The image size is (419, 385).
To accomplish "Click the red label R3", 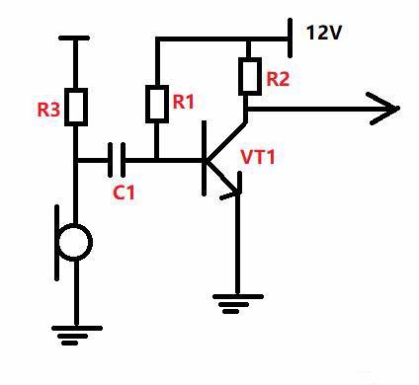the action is pyautogui.click(x=48, y=110).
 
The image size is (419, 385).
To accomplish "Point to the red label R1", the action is pyautogui.click(x=184, y=102).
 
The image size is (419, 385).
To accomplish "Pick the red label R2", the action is pyautogui.click(x=278, y=79).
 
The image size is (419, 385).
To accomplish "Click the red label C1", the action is pyautogui.click(x=124, y=192).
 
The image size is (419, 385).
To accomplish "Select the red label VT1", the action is pyautogui.click(x=258, y=157).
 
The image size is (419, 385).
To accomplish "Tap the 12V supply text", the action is pyautogui.click(x=324, y=33).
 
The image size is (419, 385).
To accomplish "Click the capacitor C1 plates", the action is pyautogui.click(x=117, y=160).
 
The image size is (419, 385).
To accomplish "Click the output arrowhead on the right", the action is pyautogui.click(x=383, y=109).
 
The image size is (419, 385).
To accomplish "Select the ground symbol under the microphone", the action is pyautogui.click(x=77, y=336).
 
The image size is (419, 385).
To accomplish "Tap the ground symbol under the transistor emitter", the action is pyautogui.click(x=238, y=304).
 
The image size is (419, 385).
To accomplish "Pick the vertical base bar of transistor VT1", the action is pyautogui.click(x=205, y=158).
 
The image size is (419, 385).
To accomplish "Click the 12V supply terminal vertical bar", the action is pyautogui.click(x=290, y=38).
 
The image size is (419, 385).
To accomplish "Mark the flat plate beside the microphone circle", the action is pyautogui.click(x=57, y=243).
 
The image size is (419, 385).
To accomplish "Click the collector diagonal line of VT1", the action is pyautogui.click(x=226, y=141).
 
